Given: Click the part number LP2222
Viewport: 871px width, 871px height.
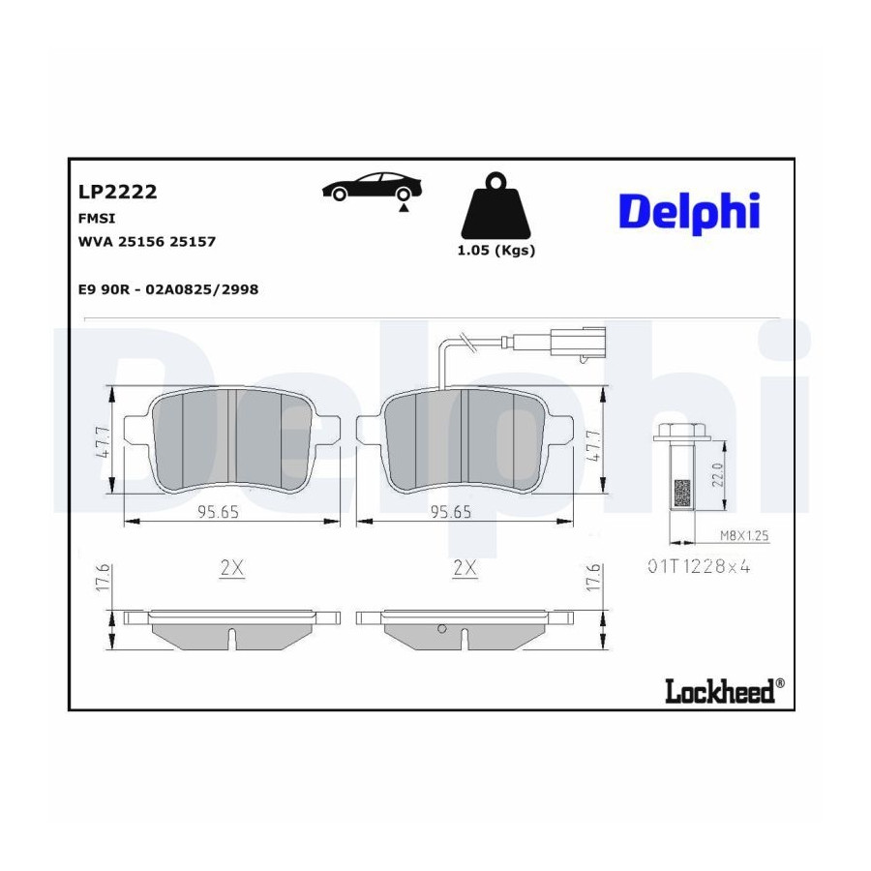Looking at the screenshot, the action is (118, 192).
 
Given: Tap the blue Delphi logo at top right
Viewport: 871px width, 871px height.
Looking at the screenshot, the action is (689, 212).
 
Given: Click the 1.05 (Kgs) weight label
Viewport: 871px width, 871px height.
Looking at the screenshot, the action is (496, 251).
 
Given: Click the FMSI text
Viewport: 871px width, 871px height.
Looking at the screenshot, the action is (97, 219).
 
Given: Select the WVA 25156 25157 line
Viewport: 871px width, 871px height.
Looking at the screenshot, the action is (147, 242).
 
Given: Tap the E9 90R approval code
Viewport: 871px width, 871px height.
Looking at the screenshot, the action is (168, 289).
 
